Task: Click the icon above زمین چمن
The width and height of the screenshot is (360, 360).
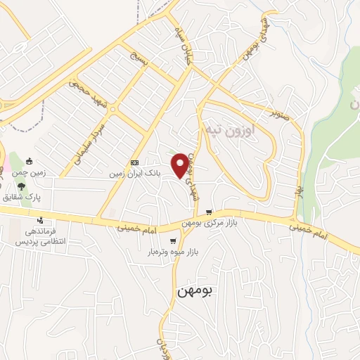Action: [29, 162]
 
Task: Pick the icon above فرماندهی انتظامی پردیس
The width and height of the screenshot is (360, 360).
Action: [40, 219]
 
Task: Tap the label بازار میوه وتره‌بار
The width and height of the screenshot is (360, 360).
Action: [173, 251]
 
